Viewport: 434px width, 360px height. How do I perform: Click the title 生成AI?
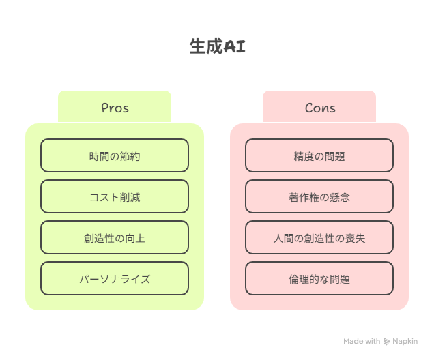[x=217, y=46]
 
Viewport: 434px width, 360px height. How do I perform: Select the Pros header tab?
[x=115, y=106]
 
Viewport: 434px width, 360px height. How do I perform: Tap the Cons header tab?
[x=319, y=106]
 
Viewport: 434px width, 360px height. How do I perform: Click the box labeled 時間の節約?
[x=115, y=155]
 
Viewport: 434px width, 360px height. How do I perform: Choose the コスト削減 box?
[x=115, y=196]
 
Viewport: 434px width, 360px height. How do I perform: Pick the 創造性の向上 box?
[x=115, y=237]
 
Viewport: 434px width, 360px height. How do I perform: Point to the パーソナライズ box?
[x=115, y=278]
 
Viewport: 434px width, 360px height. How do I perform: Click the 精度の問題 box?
[x=319, y=155]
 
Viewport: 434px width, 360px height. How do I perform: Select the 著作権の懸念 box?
[x=319, y=196]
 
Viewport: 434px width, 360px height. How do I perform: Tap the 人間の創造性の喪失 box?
[x=319, y=237]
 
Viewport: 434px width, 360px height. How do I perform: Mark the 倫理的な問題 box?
[x=319, y=278]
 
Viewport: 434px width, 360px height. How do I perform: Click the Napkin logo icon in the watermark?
[x=386, y=342]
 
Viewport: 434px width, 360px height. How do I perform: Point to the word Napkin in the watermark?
[x=405, y=342]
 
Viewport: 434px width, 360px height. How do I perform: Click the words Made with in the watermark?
[x=362, y=341]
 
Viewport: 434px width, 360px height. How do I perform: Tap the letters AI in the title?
[x=235, y=46]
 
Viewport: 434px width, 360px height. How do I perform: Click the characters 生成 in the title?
[x=206, y=46]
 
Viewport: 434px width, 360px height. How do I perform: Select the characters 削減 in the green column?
[x=130, y=198]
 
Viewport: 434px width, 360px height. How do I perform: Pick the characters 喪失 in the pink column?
[x=356, y=239]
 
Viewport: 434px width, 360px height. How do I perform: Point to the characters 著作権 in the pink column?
[x=304, y=198]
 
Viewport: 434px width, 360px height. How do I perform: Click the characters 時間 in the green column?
[x=100, y=157]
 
